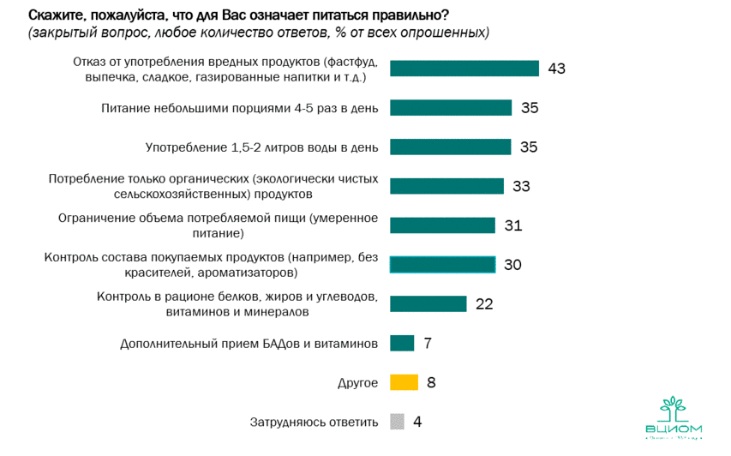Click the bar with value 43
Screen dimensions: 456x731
point(464,69)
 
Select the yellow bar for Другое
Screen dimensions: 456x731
point(404,382)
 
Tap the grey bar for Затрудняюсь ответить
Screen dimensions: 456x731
point(397,422)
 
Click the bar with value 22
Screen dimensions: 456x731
point(428,303)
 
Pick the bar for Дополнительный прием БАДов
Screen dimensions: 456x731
point(402,343)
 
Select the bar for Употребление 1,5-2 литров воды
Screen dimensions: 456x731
point(450,147)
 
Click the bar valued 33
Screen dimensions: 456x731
point(446,186)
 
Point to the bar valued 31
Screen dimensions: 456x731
point(442,225)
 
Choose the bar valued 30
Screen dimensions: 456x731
point(442,264)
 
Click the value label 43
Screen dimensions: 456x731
point(557,69)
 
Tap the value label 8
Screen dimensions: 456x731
point(431,382)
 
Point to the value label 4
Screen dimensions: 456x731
point(417,422)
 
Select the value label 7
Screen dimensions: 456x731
point(427,343)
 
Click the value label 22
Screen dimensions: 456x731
point(484,303)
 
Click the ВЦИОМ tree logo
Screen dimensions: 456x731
point(673,410)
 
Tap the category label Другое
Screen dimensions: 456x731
point(357,382)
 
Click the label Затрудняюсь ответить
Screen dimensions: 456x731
point(314,422)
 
